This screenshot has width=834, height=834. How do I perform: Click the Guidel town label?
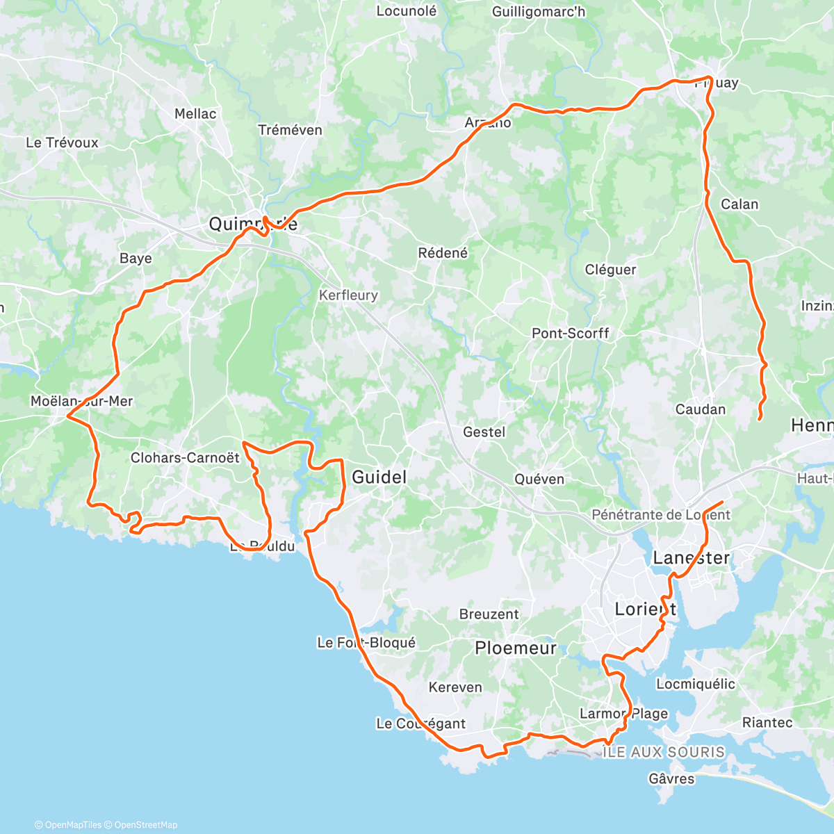[379, 477]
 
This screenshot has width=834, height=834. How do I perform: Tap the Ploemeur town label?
[516, 648]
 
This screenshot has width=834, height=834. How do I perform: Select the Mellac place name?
[195, 113]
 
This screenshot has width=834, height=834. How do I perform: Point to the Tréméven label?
[290, 130]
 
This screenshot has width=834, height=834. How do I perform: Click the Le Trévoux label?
[62, 142]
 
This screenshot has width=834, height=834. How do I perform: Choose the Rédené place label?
[443, 253]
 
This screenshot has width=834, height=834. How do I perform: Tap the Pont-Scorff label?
[570, 334]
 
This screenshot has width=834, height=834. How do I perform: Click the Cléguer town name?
[610, 270]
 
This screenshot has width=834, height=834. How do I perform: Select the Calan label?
[739, 204]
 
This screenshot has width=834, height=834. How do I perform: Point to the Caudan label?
[701, 409]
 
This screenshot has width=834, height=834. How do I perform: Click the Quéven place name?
[539, 479]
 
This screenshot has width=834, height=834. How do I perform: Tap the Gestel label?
[484, 432]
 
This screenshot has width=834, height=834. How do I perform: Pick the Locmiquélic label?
[695, 684]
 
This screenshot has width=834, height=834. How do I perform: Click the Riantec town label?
[767, 723]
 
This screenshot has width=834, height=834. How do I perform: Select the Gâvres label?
[671, 778]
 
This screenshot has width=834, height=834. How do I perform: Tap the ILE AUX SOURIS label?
[664, 752]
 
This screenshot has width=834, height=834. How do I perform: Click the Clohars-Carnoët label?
[185, 458]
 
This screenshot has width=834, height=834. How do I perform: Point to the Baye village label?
[136, 259]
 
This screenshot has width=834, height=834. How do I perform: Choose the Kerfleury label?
[348, 295]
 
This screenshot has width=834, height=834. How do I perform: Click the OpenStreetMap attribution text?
[146, 825]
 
